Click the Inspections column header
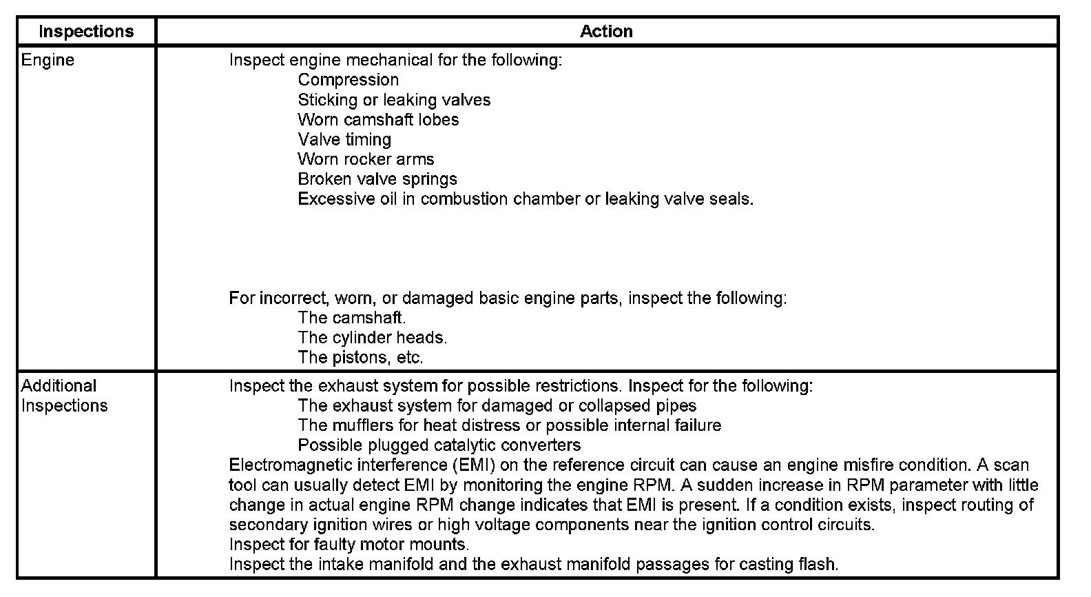86,32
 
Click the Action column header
606,32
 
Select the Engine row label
48,60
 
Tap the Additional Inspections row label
64,396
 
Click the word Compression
348,80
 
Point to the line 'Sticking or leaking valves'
394,100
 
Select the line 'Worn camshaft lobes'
378,120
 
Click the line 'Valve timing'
344,140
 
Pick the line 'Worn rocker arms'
366,159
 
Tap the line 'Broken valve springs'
377,179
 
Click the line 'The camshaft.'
352,318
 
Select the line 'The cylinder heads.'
373,338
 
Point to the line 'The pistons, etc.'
360,358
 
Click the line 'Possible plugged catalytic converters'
439,445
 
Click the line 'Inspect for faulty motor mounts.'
349,545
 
